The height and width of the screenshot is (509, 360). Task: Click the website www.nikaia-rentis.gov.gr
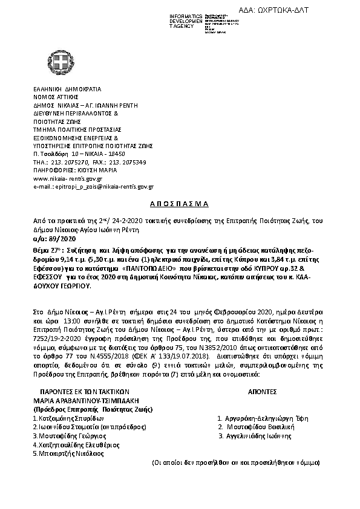67,180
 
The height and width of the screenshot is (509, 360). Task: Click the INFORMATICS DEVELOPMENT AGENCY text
186,21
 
